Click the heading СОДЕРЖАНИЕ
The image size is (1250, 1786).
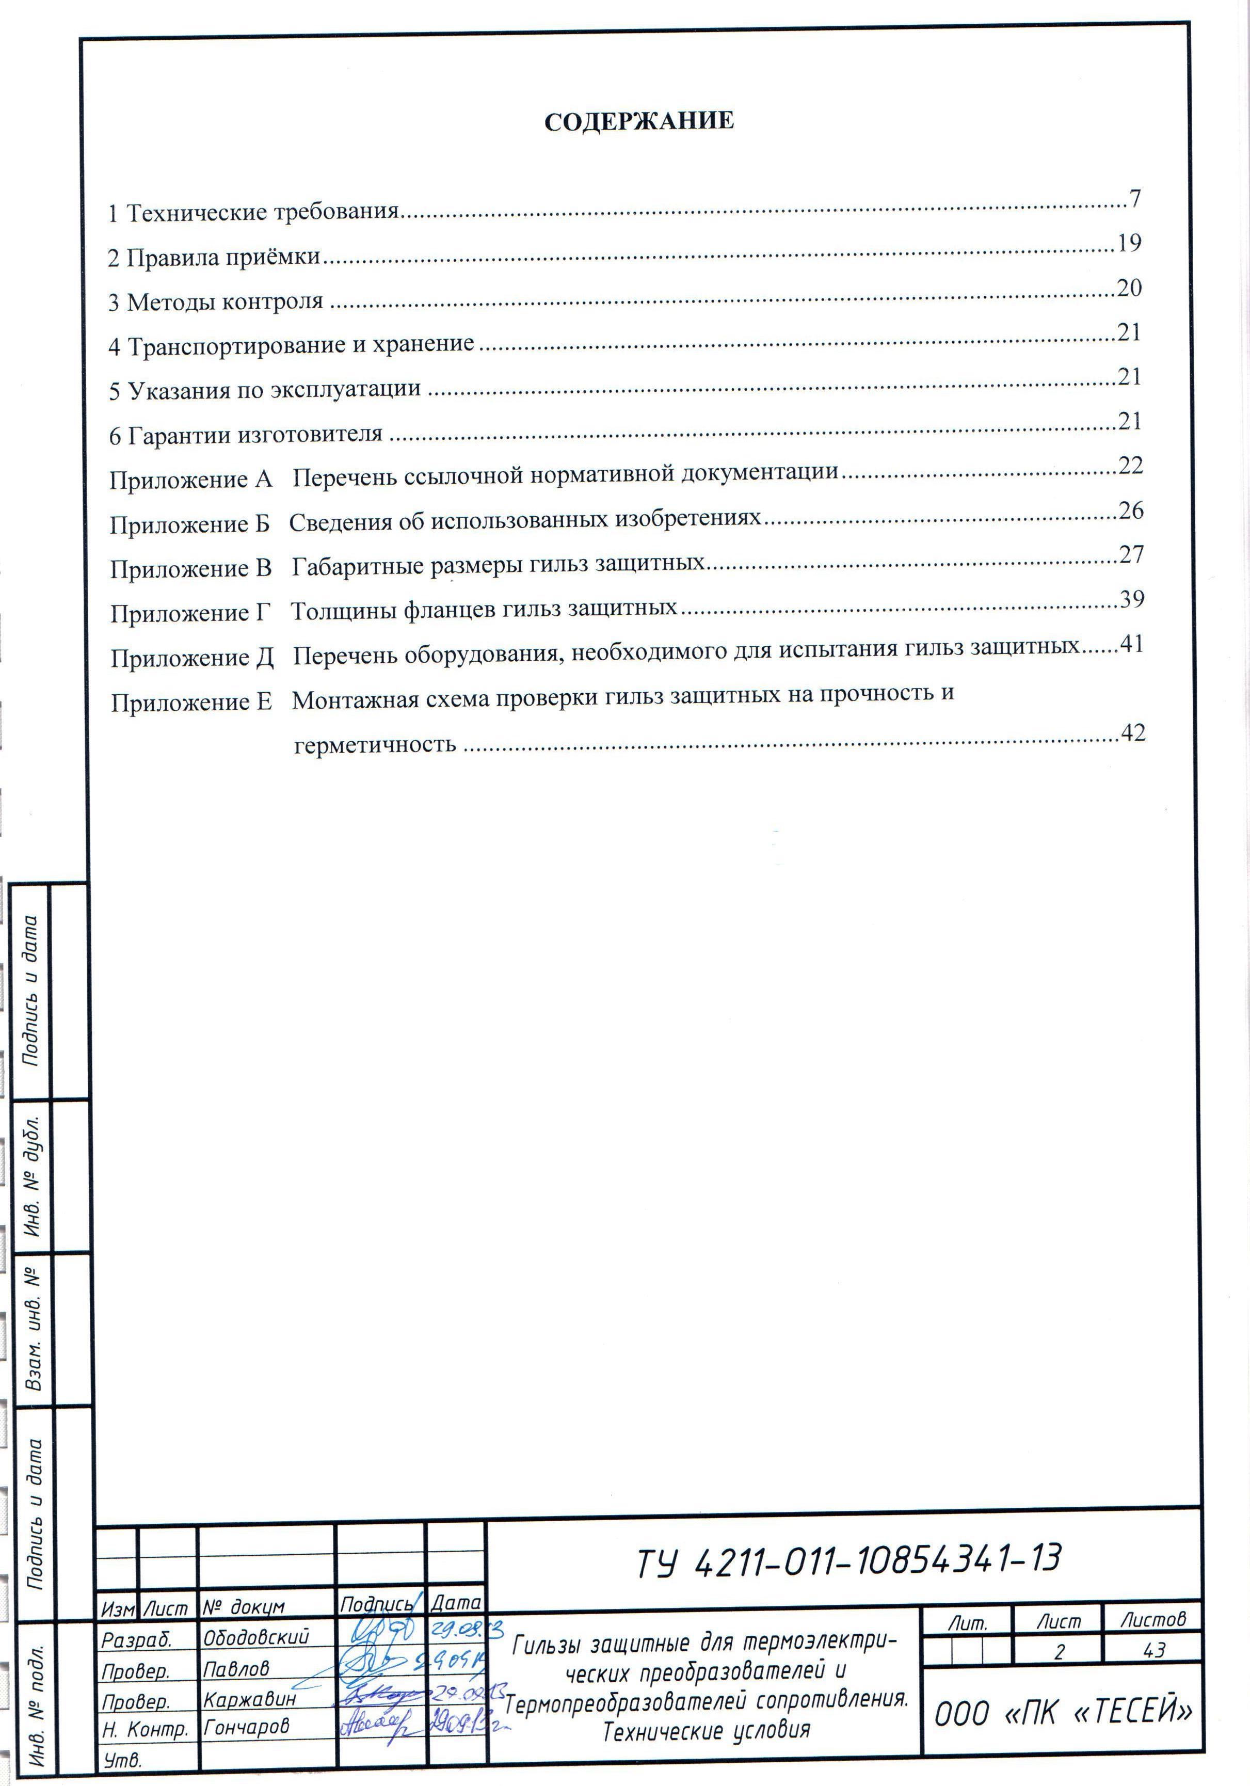click(638, 121)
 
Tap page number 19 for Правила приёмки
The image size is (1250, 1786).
click(1129, 244)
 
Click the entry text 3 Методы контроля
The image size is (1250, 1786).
click(215, 302)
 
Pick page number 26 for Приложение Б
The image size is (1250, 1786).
click(1131, 511)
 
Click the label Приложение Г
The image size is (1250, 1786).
click(190, 614)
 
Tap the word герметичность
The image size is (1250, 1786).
click(375, 745)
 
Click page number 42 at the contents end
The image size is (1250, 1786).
click(1132, 733)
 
